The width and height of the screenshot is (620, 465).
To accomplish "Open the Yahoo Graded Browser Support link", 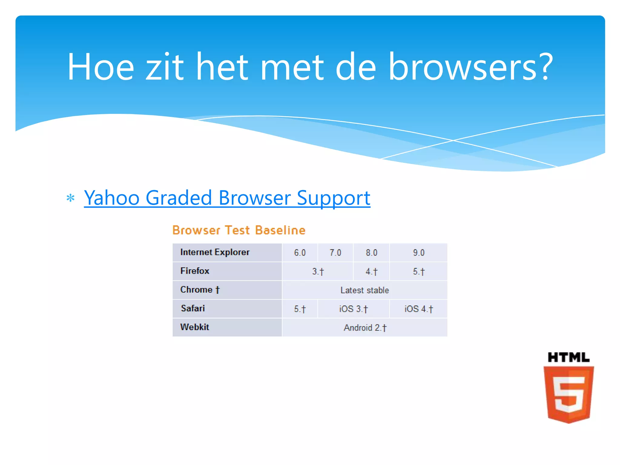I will pos(227,198).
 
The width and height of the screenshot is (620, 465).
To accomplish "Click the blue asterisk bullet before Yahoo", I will pos(71,198).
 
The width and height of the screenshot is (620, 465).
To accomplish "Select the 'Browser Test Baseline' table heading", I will pos(239,230).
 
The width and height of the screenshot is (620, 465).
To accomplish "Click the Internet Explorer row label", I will pos(215,252).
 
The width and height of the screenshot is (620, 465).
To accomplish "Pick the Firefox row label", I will pos(195,271).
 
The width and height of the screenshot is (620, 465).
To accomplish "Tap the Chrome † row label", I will pos(200,290).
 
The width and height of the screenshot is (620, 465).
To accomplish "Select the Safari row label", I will pos(193,308).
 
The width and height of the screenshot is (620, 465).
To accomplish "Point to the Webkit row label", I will pos(195,327).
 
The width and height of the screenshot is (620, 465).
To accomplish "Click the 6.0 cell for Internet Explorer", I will pos(300,252).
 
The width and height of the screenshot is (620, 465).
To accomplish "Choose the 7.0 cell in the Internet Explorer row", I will pos(335,252).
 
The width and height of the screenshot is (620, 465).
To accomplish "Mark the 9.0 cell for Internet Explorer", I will pos(419,252).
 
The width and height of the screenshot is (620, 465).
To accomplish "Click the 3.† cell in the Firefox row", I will pos(318,271).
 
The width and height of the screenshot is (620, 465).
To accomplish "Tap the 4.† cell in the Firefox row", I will pos(371,271).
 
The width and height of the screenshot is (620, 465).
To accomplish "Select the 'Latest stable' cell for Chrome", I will pos(365,290).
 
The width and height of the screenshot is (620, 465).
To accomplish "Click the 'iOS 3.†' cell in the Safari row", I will pos(353,309).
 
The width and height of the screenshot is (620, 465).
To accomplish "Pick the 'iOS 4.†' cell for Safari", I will pos(419,309).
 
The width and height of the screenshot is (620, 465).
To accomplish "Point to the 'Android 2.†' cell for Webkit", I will pos(365,328).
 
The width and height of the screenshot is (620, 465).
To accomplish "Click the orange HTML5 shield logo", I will pos(569,394).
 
